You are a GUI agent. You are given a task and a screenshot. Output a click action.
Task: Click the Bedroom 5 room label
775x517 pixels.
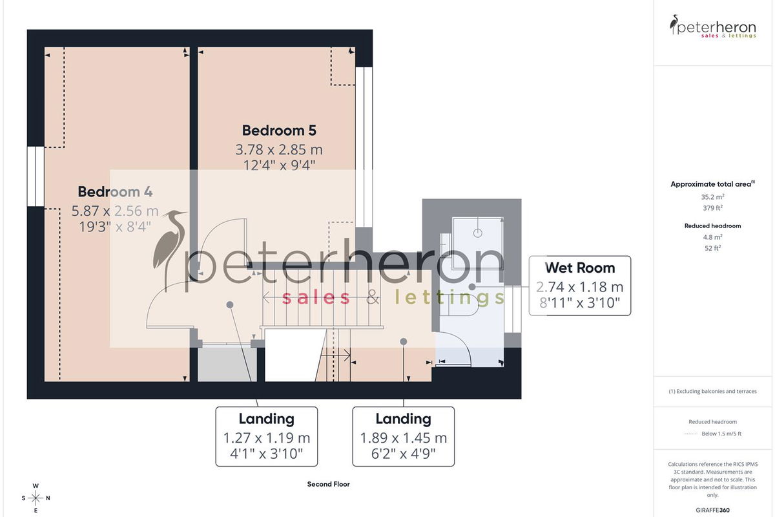(279, 131)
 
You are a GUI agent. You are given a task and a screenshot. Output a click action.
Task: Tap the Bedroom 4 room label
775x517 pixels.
(115, 191)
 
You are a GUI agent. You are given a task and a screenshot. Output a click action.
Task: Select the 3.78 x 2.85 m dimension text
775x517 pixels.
(279, 149)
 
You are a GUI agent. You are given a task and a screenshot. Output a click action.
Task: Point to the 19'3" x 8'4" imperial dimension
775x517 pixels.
(115, 227)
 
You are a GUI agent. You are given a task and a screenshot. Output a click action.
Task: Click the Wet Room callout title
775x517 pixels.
(580, 268)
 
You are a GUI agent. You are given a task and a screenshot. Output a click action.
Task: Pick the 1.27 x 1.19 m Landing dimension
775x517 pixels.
(266, 438)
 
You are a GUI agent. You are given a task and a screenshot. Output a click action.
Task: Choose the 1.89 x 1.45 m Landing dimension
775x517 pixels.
(404, 438)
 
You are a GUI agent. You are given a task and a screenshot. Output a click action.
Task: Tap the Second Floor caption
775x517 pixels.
(328, 484)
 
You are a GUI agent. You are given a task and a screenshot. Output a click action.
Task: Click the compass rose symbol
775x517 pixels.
(36, 498)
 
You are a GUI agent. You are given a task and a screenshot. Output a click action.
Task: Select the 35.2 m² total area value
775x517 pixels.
(712, 196)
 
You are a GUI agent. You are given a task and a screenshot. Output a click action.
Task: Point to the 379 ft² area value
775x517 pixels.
(712, 208)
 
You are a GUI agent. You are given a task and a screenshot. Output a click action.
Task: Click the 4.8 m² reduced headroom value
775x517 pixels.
(712, 237)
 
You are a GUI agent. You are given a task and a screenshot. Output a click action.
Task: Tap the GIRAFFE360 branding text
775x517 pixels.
(712, 510)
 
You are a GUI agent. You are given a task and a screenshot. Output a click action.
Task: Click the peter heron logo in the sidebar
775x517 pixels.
(712, 26)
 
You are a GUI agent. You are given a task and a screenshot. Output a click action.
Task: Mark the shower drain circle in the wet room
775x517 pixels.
(477, 233)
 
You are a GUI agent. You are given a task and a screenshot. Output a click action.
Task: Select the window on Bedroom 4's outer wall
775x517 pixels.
(36, 176)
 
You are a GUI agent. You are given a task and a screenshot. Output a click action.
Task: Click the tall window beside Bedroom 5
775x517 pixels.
(364, 147)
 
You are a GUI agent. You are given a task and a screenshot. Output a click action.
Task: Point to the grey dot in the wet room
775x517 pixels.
(472, 287)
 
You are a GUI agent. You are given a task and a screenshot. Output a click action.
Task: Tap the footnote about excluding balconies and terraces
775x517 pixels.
(712, 391)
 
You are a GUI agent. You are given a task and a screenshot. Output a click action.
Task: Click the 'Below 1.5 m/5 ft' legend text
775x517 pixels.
(721, 434)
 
